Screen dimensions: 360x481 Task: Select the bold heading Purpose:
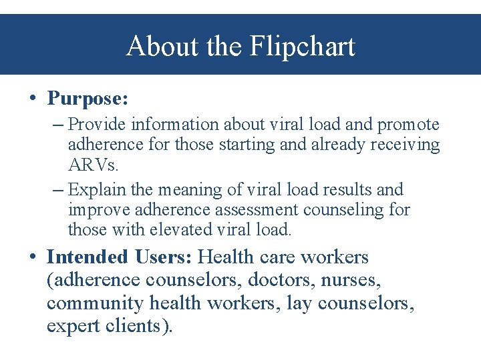[88, 99]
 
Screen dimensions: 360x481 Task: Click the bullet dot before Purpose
[33, 99]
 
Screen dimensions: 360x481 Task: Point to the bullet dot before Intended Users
[33, 257]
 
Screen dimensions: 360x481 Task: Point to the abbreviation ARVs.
[93, 164]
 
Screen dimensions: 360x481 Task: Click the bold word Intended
[88, 257]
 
